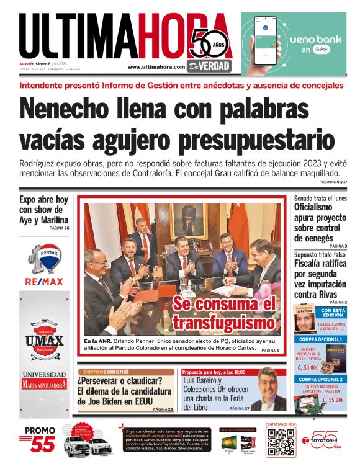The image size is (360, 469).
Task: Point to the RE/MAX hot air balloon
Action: [50, 256]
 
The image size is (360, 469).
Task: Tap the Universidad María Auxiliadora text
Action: [44, 380]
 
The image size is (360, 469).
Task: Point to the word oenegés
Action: [313, 238]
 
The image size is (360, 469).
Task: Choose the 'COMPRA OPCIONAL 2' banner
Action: [320, 379]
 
